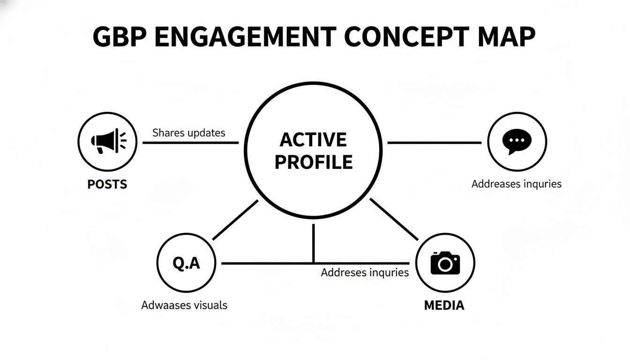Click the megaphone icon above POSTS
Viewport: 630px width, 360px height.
108,141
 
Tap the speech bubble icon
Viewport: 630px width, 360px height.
517,141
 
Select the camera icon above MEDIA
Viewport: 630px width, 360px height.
445,262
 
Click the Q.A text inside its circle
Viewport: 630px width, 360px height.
186,263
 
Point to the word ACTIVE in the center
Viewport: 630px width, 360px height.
313,140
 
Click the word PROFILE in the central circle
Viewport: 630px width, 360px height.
313,162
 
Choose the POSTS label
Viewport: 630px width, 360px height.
107,184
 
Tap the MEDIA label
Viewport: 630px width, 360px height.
444,306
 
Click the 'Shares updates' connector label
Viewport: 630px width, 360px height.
188,133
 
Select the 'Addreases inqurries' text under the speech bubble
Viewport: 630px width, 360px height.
516,184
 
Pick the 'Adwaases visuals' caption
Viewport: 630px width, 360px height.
184,305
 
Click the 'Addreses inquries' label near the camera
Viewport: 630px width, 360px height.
365,272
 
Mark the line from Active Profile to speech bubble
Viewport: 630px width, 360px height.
435,142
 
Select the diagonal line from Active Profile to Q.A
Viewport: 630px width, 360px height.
235,220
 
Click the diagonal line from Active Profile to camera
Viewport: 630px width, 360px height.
394,219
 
